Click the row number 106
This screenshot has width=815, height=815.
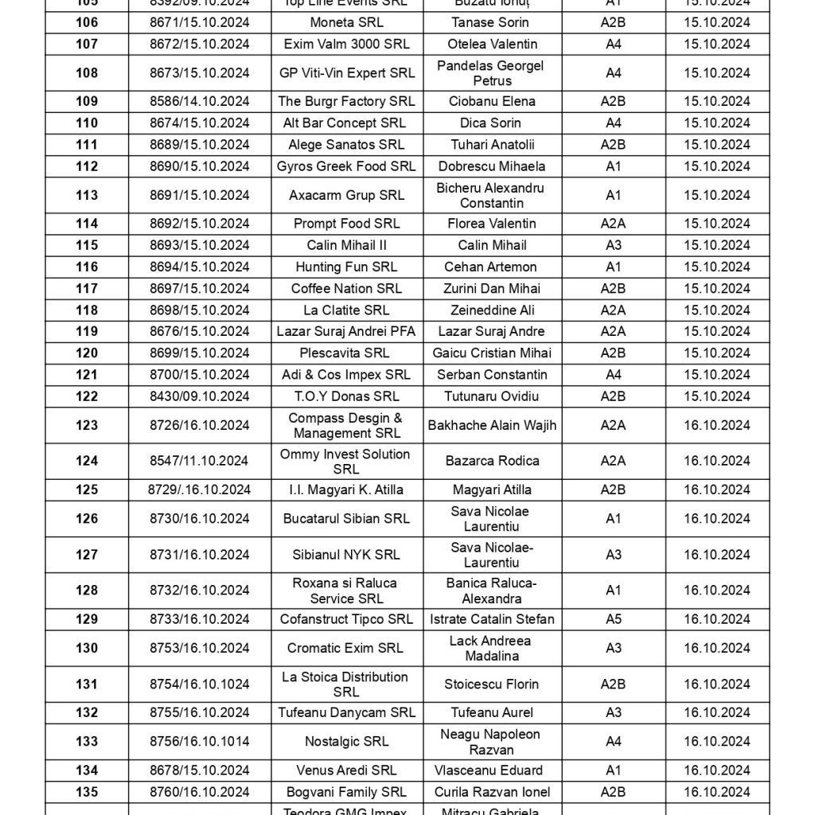[x=87, y=22]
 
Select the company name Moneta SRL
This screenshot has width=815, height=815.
[x=346, y=22]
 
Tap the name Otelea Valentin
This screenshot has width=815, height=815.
[x=493, y=44]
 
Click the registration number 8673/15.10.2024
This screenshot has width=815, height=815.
[x=200, y=72]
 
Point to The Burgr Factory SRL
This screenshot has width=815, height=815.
[x=346, y=101]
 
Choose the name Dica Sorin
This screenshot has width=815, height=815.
[x=490, y=123]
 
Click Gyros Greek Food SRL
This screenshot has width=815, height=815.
[x=346, y=166]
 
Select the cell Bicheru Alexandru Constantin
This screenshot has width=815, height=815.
[x=490, y=195]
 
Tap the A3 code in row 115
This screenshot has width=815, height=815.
[x=613, y=245]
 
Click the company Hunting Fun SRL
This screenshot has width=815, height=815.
[x=346, y=267]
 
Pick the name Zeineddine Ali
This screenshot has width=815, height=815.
[x=490, y=310]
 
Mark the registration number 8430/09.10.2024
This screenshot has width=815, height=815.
[x=200, y=396]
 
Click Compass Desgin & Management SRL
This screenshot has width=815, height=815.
[x=346, y=425]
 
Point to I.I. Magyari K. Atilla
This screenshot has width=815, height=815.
[x=346, y=489]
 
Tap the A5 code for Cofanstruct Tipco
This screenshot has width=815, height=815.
[x=613, y=619]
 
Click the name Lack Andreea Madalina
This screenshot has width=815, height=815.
[x=490, y=648]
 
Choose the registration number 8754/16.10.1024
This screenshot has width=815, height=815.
[x=200, y=684]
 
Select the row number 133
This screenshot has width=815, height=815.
[x=87, y=741]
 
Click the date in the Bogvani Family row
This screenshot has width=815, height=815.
[x=716, y=792]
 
